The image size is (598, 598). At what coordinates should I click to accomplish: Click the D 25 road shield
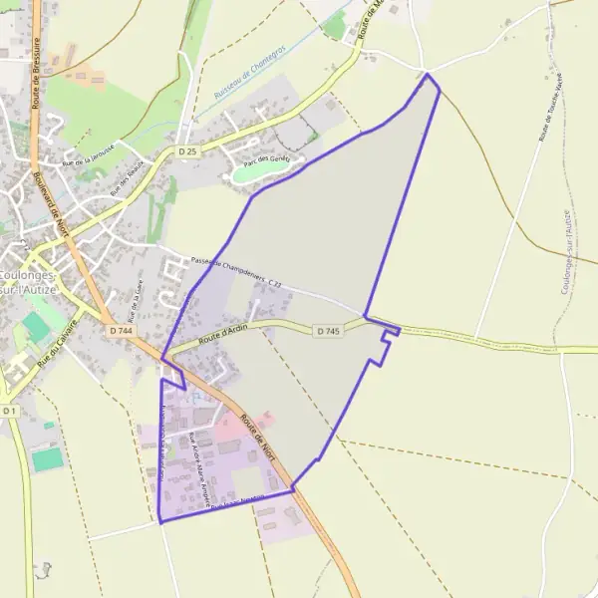[x=188, y=150]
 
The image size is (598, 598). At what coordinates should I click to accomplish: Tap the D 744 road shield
[x=121, y=330]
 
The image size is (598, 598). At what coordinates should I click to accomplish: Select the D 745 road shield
[x=329, y=330]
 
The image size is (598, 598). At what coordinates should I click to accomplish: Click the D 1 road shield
[x=9, y=411]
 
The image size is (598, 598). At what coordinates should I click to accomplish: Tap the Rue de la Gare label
[x=133, y=300]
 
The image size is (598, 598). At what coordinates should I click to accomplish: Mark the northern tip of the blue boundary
[x=428, y=74]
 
